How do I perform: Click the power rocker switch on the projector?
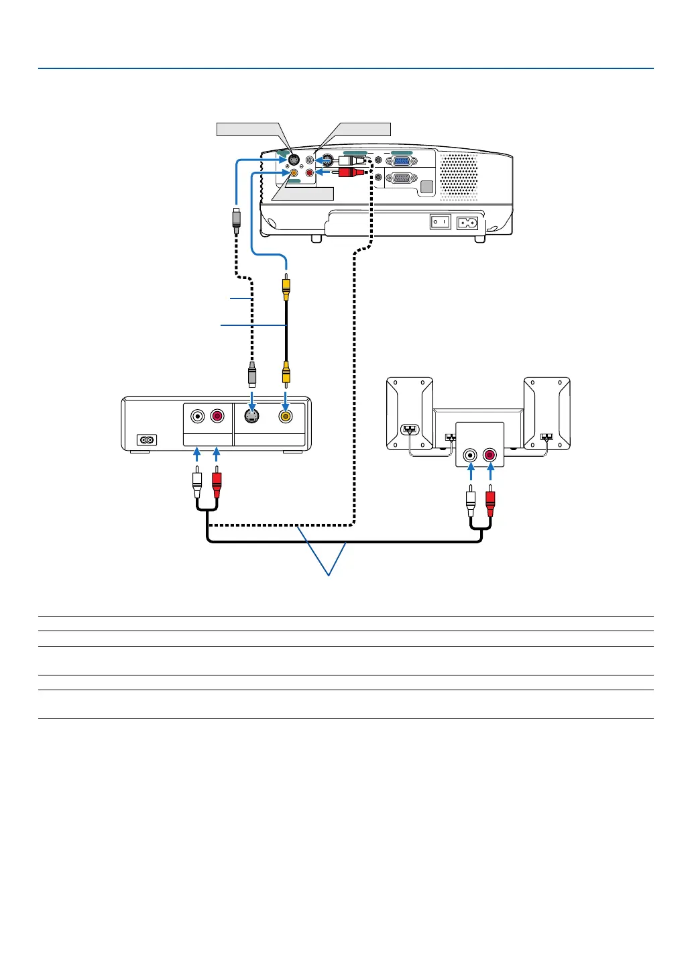(x=440, y=221)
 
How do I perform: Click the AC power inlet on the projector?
(x=467, y=222)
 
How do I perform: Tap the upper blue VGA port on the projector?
(x=401, y=161)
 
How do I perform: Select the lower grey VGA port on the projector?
(x=400, y=178)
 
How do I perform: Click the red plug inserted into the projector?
(x=349, y=172)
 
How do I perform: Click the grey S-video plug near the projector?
(x=237, y=220)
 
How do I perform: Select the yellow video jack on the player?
(x=286, y=417)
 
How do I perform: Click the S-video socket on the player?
(x=251, y=417)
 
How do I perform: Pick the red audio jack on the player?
(x=217, y=417)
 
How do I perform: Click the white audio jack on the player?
(x=197, y=417)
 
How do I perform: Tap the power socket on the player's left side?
(x=147, y=440)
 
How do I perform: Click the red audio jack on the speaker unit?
(x=490, y=455)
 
